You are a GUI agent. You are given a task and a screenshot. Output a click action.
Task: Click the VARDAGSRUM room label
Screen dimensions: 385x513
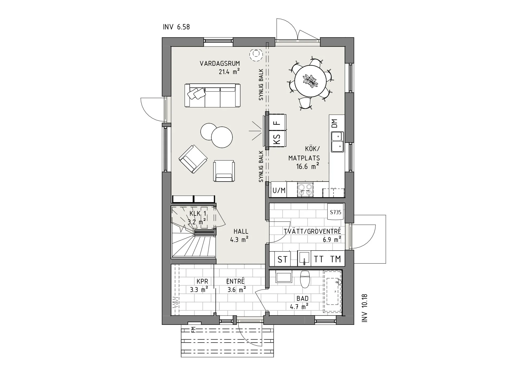220,64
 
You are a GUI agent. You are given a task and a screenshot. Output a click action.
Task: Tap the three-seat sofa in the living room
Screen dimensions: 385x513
212,95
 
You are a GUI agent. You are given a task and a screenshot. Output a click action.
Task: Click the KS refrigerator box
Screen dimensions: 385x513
277,138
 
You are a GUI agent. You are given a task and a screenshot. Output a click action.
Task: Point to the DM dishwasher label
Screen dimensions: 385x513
335,123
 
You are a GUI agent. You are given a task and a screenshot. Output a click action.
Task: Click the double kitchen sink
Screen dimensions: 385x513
337,142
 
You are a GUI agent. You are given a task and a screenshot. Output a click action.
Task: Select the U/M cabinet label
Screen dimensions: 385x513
279,190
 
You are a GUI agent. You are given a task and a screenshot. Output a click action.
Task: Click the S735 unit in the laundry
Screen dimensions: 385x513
336,212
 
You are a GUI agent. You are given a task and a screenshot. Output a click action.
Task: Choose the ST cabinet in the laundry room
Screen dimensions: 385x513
282,259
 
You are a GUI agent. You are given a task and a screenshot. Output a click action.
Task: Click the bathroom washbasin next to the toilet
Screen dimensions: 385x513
284,277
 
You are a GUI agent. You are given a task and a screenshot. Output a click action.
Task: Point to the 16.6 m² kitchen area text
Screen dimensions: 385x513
307,167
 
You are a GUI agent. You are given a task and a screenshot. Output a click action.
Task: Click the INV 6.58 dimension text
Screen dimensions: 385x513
176,27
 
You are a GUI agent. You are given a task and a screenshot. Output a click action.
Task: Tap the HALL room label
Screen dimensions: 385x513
241,232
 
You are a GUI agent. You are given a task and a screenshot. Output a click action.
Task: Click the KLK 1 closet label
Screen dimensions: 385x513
198,214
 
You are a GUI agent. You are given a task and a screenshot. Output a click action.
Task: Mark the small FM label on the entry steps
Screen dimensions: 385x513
193,330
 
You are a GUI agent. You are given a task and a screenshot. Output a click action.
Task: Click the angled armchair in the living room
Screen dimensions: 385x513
193,159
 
